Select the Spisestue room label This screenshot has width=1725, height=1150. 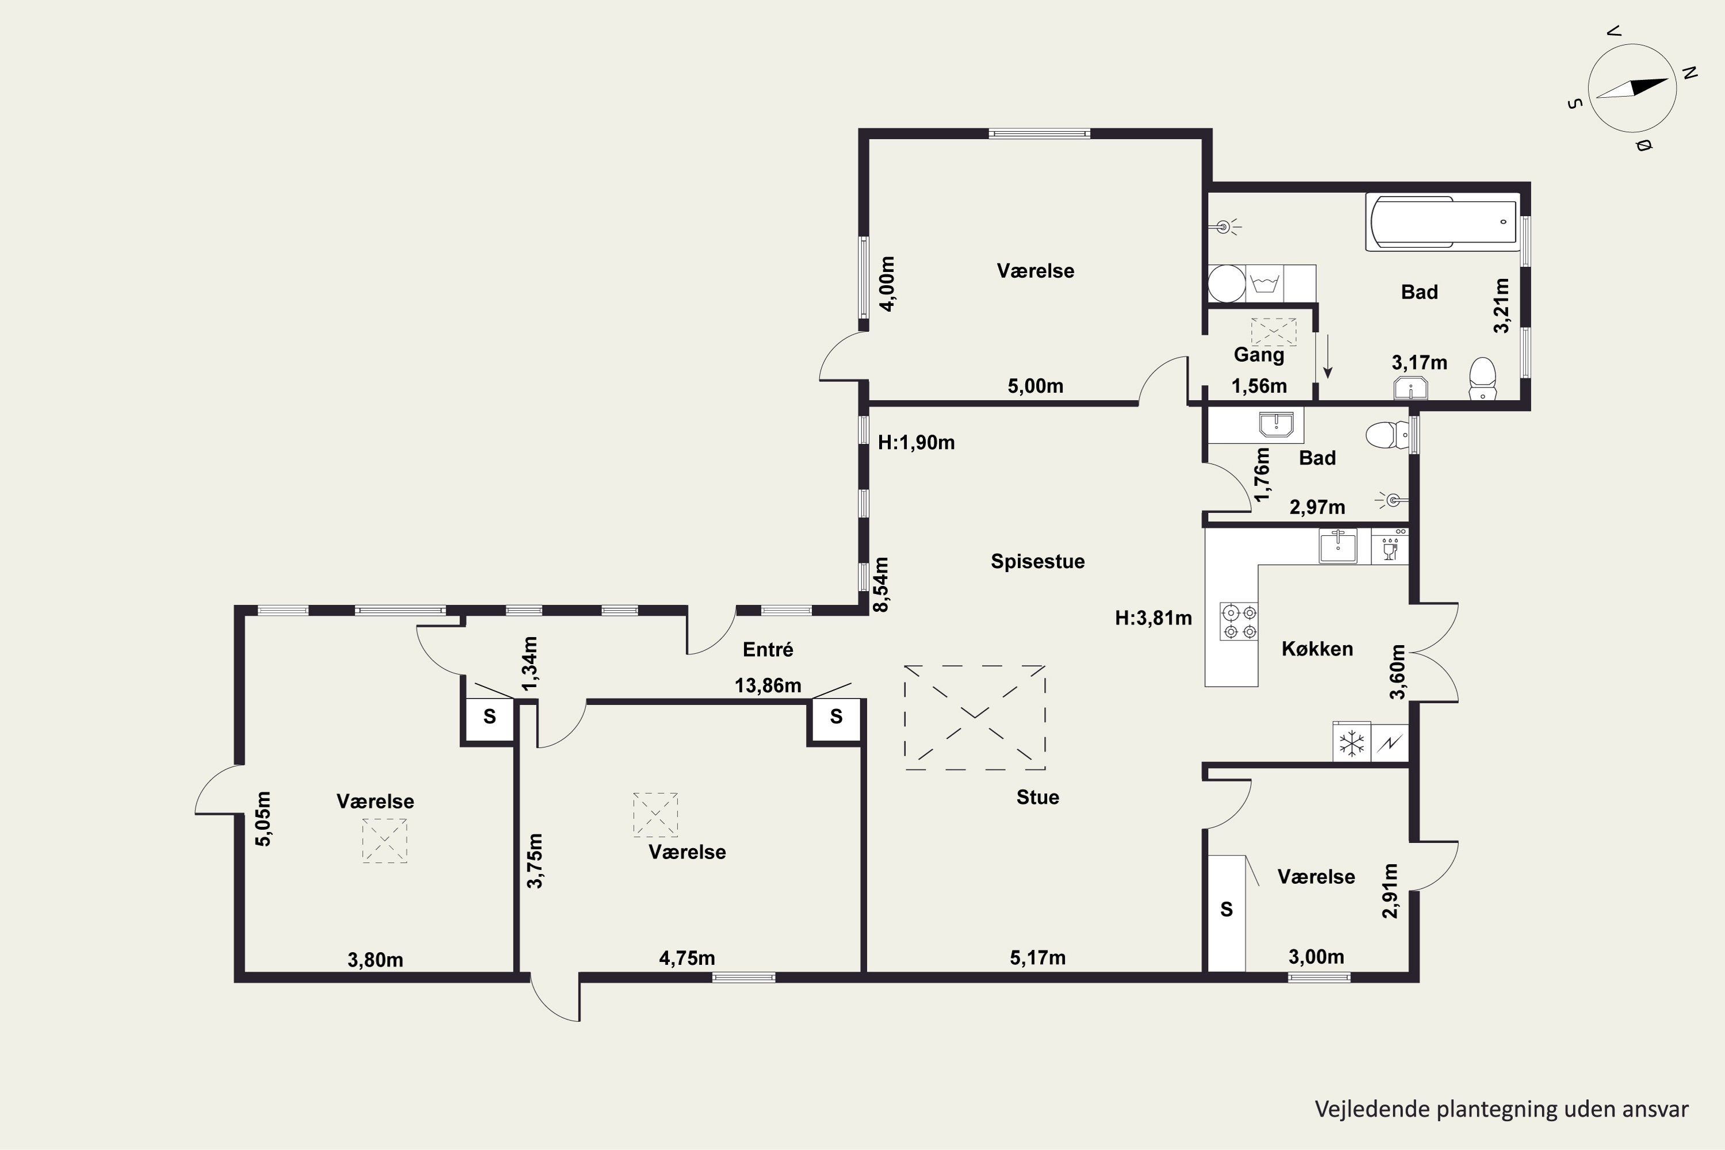[1037, 562]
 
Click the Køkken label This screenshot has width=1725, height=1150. [1317, 649]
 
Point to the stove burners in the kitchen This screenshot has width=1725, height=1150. [1239, 620]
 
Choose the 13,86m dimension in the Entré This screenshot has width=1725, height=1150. [768, 686]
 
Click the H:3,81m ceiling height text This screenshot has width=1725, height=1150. [1153, 618]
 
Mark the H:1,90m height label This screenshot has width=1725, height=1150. [916, 442]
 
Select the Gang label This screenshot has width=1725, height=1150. [1259, 355]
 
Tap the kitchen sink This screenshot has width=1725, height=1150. [1338, 546]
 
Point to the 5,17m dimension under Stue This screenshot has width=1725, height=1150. [1037, 957]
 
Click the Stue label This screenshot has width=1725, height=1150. [1037, 797]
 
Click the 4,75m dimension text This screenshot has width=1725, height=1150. [687, 958]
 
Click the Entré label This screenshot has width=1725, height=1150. [768, 649]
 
